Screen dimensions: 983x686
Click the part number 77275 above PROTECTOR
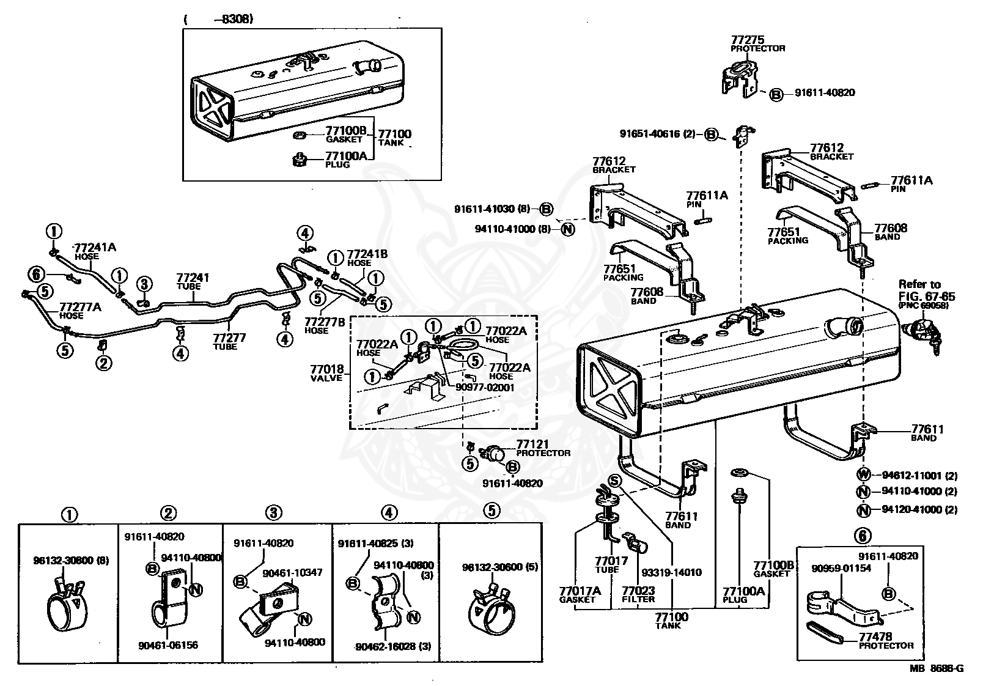(748, 40)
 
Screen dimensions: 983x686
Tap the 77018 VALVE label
(327, 373)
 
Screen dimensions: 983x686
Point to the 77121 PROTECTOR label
(543, 448)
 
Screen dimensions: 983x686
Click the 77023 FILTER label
(638, 594)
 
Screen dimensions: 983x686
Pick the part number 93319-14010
(671, 572)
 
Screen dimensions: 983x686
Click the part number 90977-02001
(485, 387)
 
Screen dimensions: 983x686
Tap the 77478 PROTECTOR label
(886, 640)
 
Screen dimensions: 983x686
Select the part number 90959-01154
(841, 569)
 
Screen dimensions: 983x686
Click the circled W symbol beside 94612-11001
(863, 475)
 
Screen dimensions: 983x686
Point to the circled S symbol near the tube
(615, 481)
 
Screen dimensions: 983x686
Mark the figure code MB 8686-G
(937, 669)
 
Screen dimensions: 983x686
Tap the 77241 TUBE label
(193, 281)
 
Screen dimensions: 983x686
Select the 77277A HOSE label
(80, 311)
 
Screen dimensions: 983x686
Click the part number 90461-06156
(168, 645)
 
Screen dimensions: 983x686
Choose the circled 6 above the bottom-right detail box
(863, 536)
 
